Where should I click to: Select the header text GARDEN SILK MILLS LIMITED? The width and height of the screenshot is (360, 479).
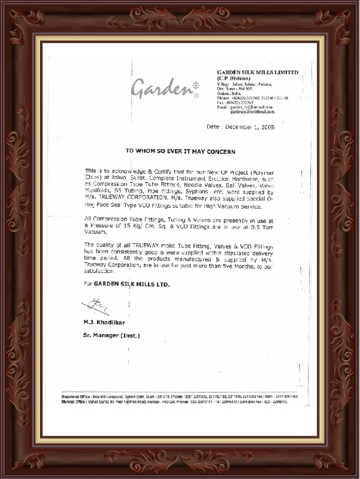(x=257, y=72)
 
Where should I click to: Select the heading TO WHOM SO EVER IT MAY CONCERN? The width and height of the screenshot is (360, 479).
(x=180, y=153)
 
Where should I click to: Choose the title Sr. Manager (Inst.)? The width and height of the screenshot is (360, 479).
(x=111, y=335)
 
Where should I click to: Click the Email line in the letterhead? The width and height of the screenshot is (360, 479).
(x=245, y=107)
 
